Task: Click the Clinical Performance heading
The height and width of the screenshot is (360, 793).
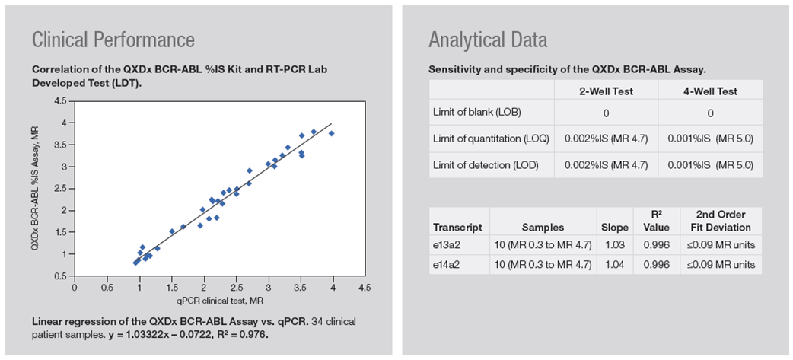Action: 113,40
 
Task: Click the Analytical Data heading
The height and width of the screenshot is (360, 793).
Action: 488,40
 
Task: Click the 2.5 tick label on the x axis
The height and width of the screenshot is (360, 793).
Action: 237,288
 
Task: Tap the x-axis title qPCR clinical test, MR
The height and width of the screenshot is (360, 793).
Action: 204,301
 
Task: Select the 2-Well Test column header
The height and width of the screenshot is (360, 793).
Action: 607,91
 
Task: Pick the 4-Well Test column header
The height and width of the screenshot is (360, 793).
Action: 710,91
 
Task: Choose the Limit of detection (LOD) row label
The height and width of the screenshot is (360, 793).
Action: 482,164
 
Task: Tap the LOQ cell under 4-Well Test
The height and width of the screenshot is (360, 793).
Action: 710,139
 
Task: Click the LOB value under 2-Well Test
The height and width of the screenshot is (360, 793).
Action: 607,113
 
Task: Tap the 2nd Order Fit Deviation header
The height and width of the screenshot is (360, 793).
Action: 720,221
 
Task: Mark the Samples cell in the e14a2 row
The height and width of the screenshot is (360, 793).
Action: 543,265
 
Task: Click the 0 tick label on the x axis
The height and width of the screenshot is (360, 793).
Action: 75,288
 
